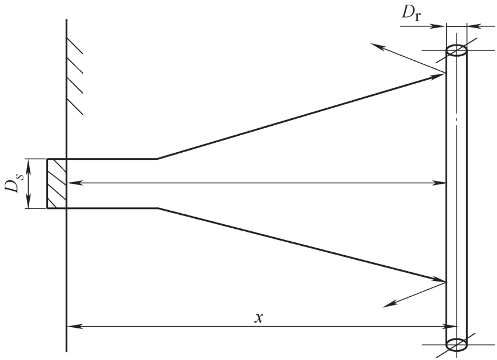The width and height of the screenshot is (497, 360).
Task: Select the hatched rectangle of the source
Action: click(57, 183)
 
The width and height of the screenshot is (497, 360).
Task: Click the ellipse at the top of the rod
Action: click(457, 50)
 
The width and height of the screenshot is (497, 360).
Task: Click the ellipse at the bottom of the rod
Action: click(457, 344)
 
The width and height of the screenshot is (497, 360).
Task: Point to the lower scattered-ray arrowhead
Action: click(386, 305)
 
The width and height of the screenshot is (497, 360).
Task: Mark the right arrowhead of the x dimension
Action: click(441, 326)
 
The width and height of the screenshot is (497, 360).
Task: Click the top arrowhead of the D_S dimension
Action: click(28, 163)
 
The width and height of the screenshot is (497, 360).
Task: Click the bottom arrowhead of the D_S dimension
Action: click(28, 204)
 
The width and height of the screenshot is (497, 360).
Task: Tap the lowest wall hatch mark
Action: click(75, 107)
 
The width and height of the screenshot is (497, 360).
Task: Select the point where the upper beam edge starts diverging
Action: click(156, 159)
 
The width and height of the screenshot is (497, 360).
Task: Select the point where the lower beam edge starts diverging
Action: click(156, 208)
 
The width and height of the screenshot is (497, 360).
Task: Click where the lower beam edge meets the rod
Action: click(446, 282)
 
